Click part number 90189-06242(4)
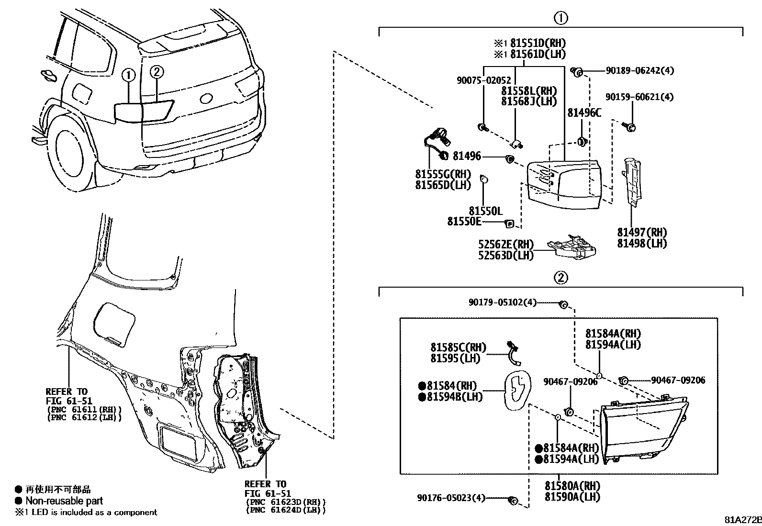pos(639,70)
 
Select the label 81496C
pos(584,113)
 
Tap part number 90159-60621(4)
pos(639,97)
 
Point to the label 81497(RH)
pos(642,233)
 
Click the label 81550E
pos(464,221)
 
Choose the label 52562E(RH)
pos(506,245)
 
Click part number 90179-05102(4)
pos(503,302)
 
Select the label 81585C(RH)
pos(458,347)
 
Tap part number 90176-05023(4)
pos(451,498)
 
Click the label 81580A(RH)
pos(572,486)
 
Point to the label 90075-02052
pos(483,81)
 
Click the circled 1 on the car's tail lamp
pos(128,75)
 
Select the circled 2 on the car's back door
pos(157,72)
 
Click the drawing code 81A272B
pos(742,520)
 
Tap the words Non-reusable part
pos(64,501)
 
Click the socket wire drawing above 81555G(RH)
pos(437,142)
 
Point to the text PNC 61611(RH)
pos(84,409)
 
